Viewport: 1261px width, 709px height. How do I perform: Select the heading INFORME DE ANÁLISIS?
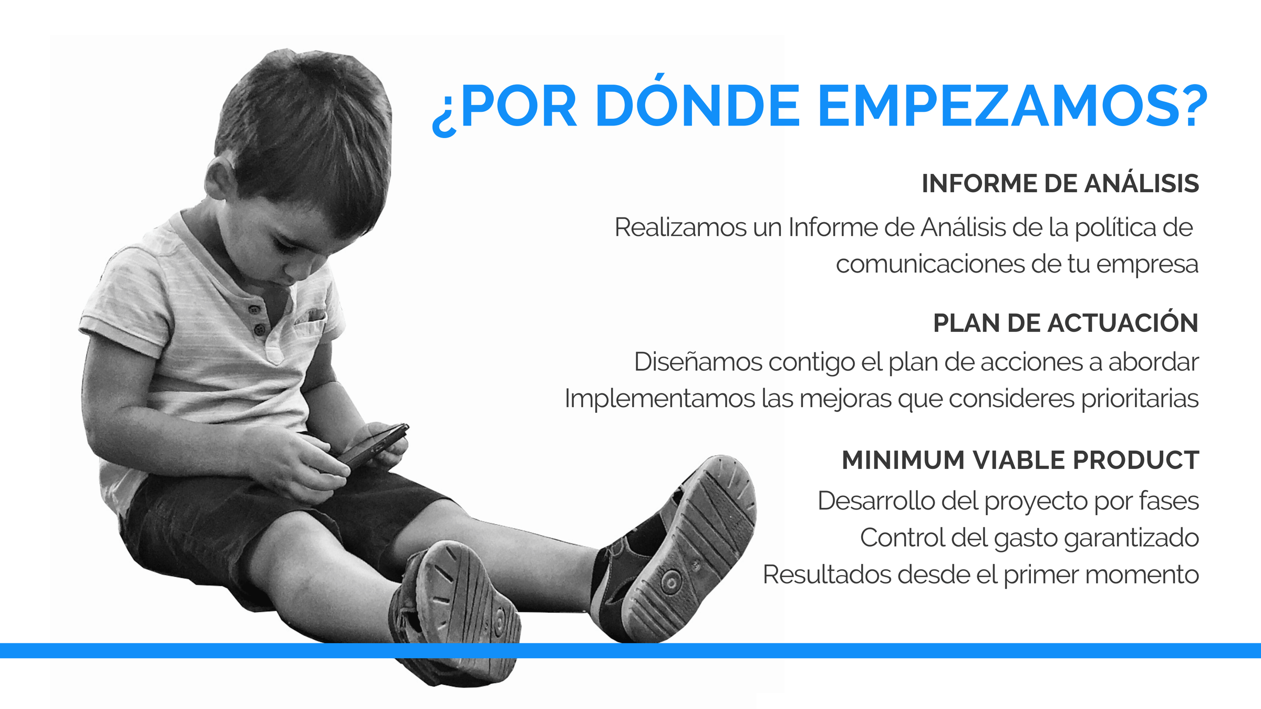click(1060, 183)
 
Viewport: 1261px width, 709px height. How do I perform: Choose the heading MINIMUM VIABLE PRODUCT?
click(1020, 460)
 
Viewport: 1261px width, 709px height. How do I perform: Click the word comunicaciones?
click(930, 264)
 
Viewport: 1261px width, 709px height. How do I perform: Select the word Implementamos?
click(660, 399)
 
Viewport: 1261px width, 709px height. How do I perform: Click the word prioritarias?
click(1140, 399)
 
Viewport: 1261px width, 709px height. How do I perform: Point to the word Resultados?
click(827, 575)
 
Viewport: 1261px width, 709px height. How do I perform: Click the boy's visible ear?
click(220, 179)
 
